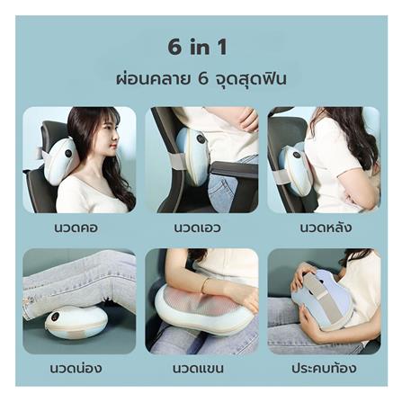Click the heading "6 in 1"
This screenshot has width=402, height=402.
200,46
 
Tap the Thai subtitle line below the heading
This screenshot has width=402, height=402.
201,78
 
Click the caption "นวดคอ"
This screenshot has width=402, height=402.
76,229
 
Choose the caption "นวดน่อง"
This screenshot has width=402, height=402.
76,368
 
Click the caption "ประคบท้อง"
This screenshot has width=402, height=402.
324,368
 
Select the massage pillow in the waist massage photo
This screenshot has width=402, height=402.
194,156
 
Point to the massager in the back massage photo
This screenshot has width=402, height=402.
296,166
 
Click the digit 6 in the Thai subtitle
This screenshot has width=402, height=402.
202,79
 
